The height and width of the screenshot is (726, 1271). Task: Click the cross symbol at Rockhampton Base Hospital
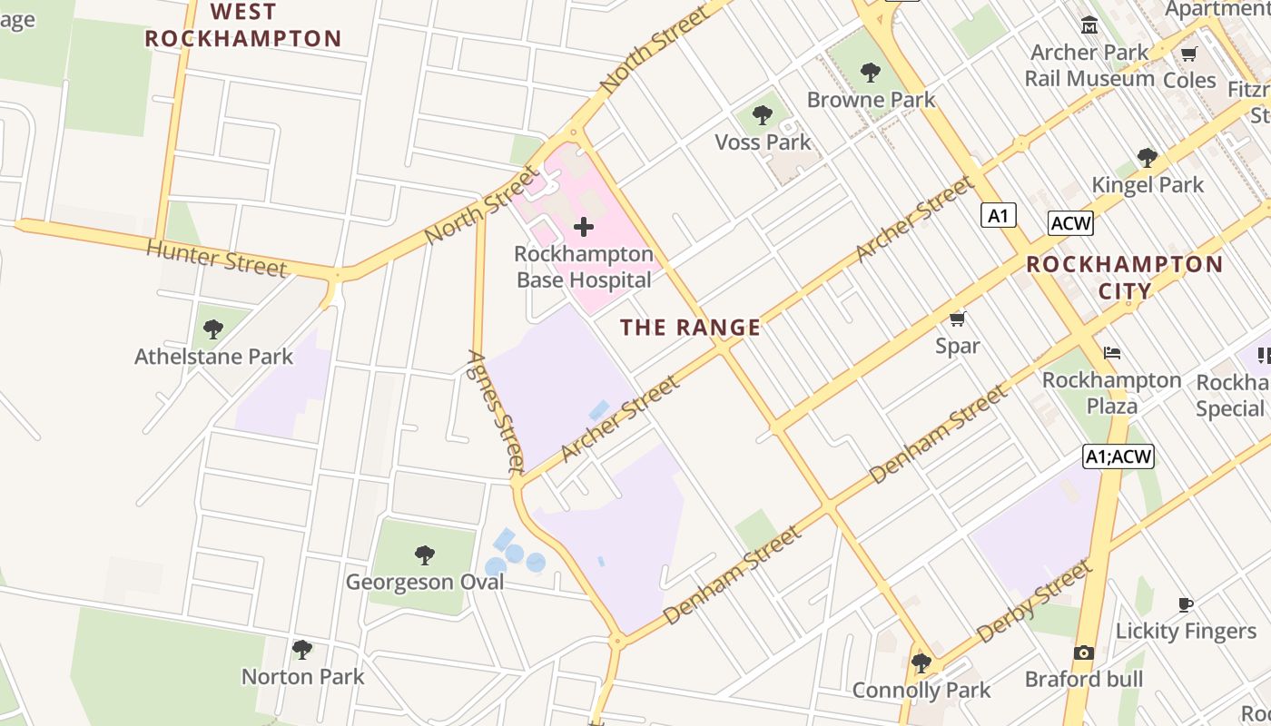(x=584, y=226)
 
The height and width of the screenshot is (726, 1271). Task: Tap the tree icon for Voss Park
(x=763, y=115)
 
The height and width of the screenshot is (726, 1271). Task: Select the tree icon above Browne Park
(x=871, y=72)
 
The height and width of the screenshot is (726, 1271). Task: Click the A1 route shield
(x=998, y=216)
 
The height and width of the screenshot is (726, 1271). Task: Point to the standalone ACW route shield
(x=1070, y=223)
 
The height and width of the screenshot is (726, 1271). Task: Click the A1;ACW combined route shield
(x=1118, y=456)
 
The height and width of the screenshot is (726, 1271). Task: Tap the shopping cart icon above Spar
(x=957, y=319)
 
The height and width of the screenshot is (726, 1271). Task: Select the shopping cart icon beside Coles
(x=1189, y=54)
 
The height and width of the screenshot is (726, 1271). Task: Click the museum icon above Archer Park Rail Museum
(x=1089, y=25)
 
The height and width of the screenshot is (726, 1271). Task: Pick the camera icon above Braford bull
(x=1083, y=652)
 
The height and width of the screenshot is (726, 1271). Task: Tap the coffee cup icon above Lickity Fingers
(x=1185, y=604)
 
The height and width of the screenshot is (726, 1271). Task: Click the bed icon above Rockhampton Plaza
(x=1112, y=353)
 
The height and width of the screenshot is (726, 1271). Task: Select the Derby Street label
(x=1034, y=602)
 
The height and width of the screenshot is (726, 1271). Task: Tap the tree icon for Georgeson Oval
(x=424, y=554)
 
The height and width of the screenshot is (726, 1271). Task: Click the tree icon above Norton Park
(x=302, y=650)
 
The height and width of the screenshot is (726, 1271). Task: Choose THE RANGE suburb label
(x=690, y=328)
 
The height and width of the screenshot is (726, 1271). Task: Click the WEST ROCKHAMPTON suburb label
(x=243, y=25)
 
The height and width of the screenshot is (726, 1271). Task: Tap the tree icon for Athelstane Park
(x=213, y=329)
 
